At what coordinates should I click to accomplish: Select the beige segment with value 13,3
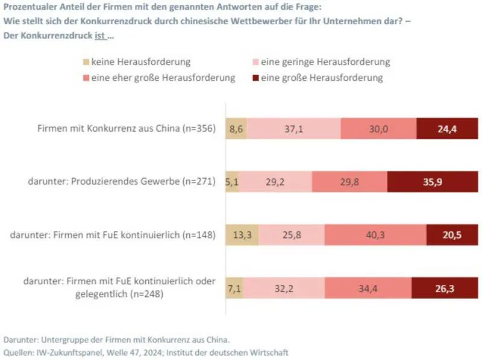242,235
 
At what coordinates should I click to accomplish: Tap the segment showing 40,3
375,235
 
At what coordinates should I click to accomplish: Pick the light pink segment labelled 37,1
293,128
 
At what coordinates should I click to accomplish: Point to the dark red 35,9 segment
428,182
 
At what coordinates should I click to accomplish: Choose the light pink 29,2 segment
275,182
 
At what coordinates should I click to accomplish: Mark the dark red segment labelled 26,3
443,288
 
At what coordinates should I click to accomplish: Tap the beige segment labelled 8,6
236,128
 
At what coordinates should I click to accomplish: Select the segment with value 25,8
291,235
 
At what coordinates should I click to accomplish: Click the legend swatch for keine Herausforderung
85,62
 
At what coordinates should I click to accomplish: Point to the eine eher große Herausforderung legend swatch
85,78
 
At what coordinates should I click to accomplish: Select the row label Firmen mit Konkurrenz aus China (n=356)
126,128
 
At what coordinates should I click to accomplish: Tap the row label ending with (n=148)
113,235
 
